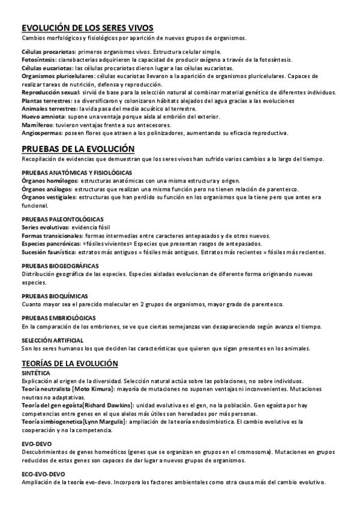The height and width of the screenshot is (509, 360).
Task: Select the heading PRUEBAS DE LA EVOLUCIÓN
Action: (78, 148)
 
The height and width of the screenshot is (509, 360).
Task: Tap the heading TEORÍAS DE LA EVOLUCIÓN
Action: (70, 364)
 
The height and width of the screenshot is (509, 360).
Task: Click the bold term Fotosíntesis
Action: (38, 60)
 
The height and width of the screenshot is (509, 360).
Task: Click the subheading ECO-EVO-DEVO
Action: (43, 474)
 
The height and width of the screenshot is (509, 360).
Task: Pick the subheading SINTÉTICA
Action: (35, 373)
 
